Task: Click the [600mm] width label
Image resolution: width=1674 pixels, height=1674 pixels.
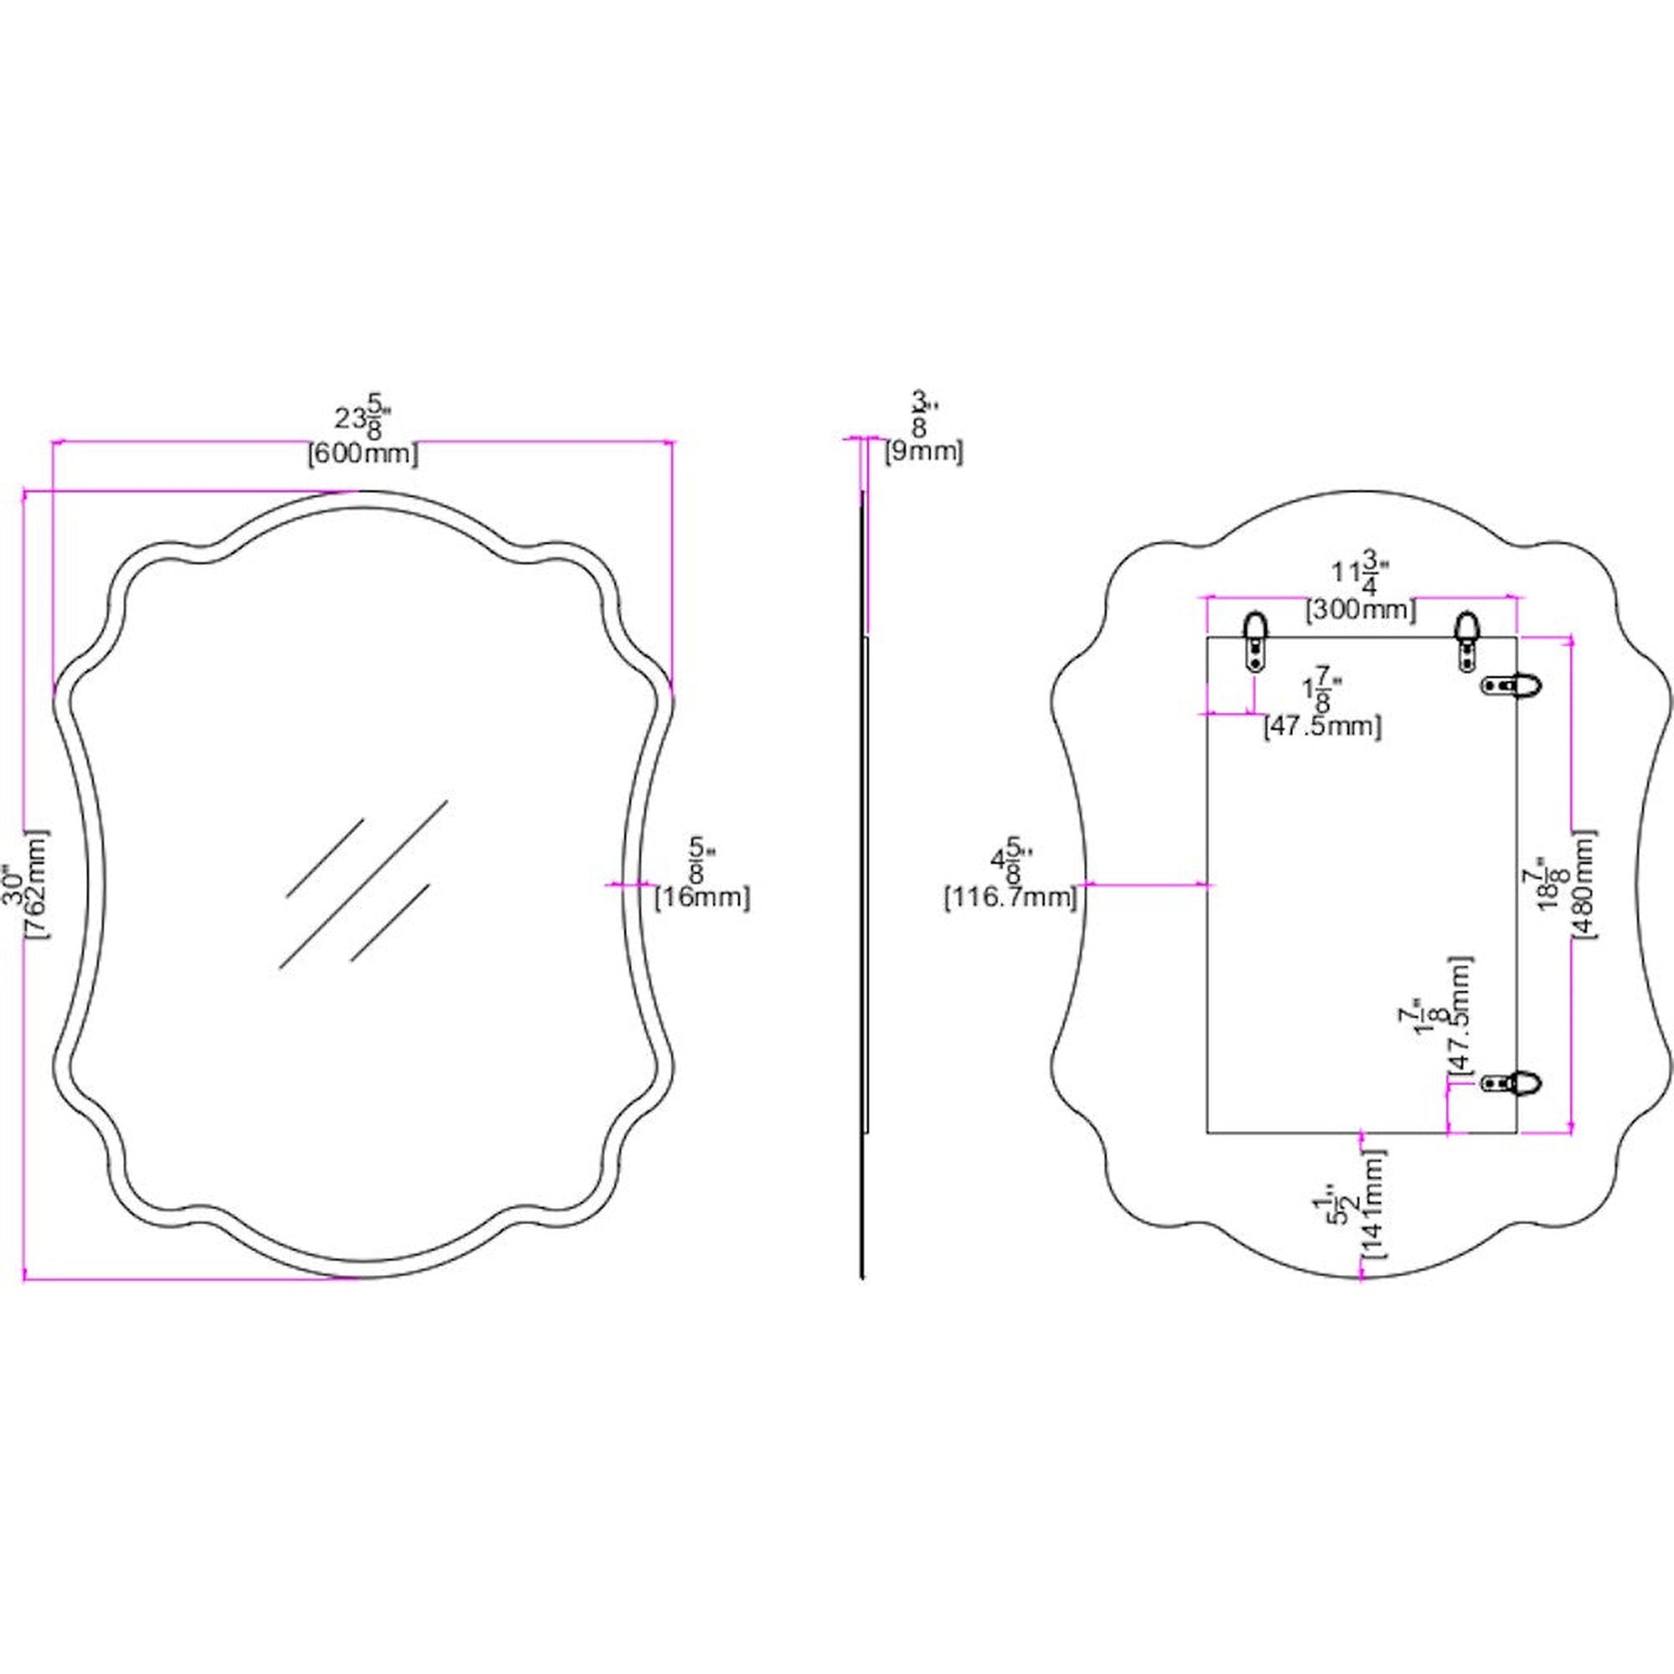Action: [x=363, y=454]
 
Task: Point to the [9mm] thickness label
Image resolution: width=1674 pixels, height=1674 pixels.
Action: [x=923, y=452]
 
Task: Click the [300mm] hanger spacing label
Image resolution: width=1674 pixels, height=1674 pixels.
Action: [x=1361, y=610]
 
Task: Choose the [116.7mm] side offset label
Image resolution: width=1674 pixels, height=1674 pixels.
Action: [x=1010, y=898]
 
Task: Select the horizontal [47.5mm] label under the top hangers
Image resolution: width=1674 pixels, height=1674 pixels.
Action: [x=1322, y=726]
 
